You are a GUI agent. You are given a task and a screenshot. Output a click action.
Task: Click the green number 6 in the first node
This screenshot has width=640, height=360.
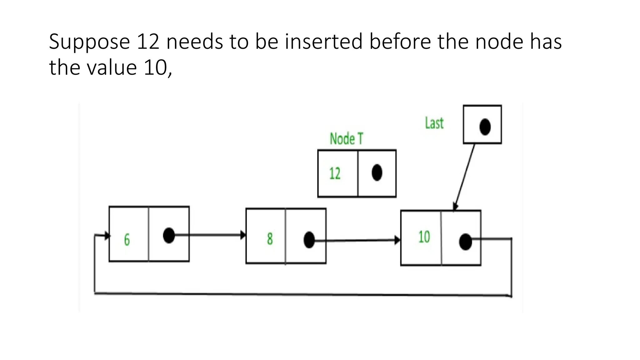click(127, 240)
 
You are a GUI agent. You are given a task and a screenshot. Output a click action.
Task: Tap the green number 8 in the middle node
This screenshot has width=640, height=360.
click(270, 239)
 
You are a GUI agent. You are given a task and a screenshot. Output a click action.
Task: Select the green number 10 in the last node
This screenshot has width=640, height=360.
click(424, 237)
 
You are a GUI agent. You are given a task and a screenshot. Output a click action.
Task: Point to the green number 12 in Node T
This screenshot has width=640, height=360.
click(335, 173)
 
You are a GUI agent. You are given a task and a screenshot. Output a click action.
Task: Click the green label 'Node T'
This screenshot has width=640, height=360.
click(346, 139)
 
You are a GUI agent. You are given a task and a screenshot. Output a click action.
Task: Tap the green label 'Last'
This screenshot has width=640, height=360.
click(434, 123)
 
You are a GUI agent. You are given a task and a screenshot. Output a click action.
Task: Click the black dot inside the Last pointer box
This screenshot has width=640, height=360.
click(485, 127)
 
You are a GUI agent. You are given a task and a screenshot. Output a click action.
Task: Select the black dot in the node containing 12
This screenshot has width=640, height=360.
click(377, 172)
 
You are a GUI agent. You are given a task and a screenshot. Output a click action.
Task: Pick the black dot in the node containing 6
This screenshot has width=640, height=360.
click(169, 235)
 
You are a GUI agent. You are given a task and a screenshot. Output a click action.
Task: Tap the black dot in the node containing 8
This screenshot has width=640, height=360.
click(309, 240)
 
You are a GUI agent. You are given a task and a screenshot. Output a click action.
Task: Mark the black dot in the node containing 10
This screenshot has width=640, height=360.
click(465, 242)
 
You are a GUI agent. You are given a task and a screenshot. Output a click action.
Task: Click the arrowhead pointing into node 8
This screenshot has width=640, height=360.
click(243, 235)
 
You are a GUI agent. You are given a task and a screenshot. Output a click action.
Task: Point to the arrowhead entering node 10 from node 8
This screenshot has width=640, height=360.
click(397, 240)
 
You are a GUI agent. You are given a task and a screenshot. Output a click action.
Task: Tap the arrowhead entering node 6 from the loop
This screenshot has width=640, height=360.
click(107, 236)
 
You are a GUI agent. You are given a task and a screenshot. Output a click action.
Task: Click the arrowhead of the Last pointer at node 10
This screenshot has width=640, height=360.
click(455, 207)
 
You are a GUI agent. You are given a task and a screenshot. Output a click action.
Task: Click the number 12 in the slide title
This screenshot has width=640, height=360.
click(148, 42)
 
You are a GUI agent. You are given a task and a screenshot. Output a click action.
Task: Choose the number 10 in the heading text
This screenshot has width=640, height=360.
click(156, 67)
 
